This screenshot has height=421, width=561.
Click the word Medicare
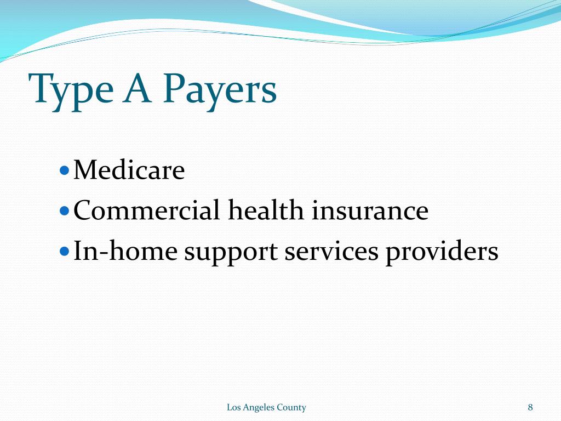coord(129,170)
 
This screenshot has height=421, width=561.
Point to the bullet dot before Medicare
coord(64,170)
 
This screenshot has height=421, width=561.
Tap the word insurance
coord(370,211)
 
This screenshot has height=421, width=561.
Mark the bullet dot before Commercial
coord(64,211)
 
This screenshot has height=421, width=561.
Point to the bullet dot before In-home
coord(64,252)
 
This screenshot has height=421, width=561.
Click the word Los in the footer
coord(233,407)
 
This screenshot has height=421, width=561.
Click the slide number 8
coord(530,407)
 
